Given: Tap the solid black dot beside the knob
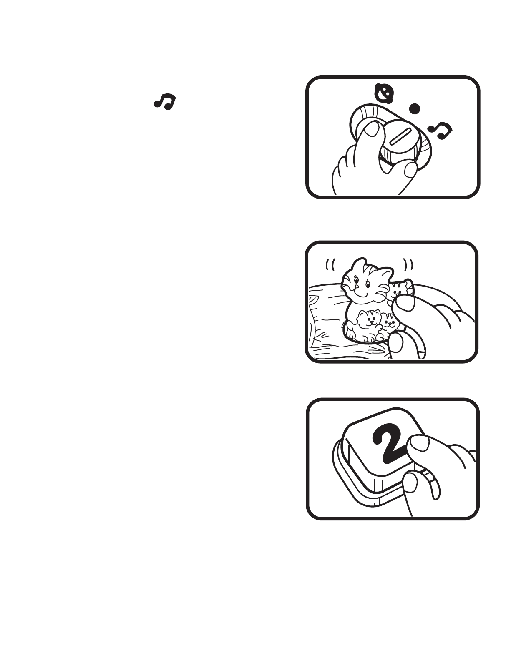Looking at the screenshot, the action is tap(415, 108).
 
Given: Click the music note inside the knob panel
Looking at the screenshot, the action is tap(440, 130).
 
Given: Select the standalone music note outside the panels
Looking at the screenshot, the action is tap(164, 102).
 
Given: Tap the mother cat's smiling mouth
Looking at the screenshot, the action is tap(361, 294).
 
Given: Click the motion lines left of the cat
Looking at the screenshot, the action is tap(330, 265).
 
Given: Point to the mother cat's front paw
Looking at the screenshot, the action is tap(351, 334).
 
